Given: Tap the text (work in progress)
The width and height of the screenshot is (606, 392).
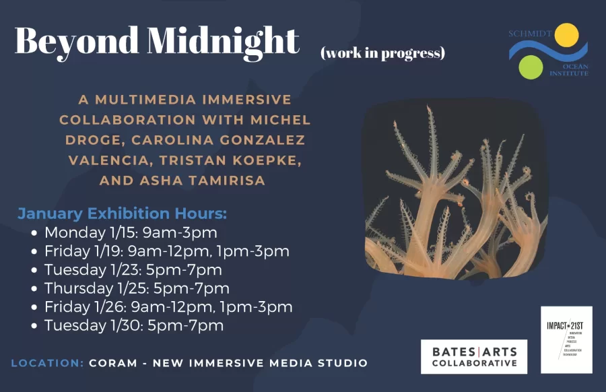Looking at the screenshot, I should [x=382, y=53].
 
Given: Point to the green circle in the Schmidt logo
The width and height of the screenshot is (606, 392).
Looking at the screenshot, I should [x=531, y=67].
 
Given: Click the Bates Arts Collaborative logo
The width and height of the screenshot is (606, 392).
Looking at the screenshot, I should [x=474, y=356].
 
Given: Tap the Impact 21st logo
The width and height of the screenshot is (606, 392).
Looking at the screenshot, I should [x=566, y=339].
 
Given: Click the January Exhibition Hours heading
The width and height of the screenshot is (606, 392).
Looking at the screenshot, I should [x=123, y=214].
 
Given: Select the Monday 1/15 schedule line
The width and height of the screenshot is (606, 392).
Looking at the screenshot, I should [x=131, y=233].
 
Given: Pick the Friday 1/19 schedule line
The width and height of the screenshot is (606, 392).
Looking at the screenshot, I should [x=167, y=251].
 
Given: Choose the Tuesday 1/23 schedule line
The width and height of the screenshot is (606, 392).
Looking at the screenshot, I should [x=133, y=270].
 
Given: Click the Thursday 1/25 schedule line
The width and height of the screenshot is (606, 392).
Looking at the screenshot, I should [x=137, y=288].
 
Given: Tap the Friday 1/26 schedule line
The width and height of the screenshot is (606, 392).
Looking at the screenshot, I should [x=168, y=307].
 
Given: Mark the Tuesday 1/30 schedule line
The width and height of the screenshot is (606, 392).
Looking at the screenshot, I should [x=134, y=326].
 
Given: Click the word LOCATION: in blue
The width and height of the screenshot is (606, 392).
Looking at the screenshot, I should [x=47, y=363].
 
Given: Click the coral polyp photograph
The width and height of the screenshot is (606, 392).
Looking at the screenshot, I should [x=455, y=190].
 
